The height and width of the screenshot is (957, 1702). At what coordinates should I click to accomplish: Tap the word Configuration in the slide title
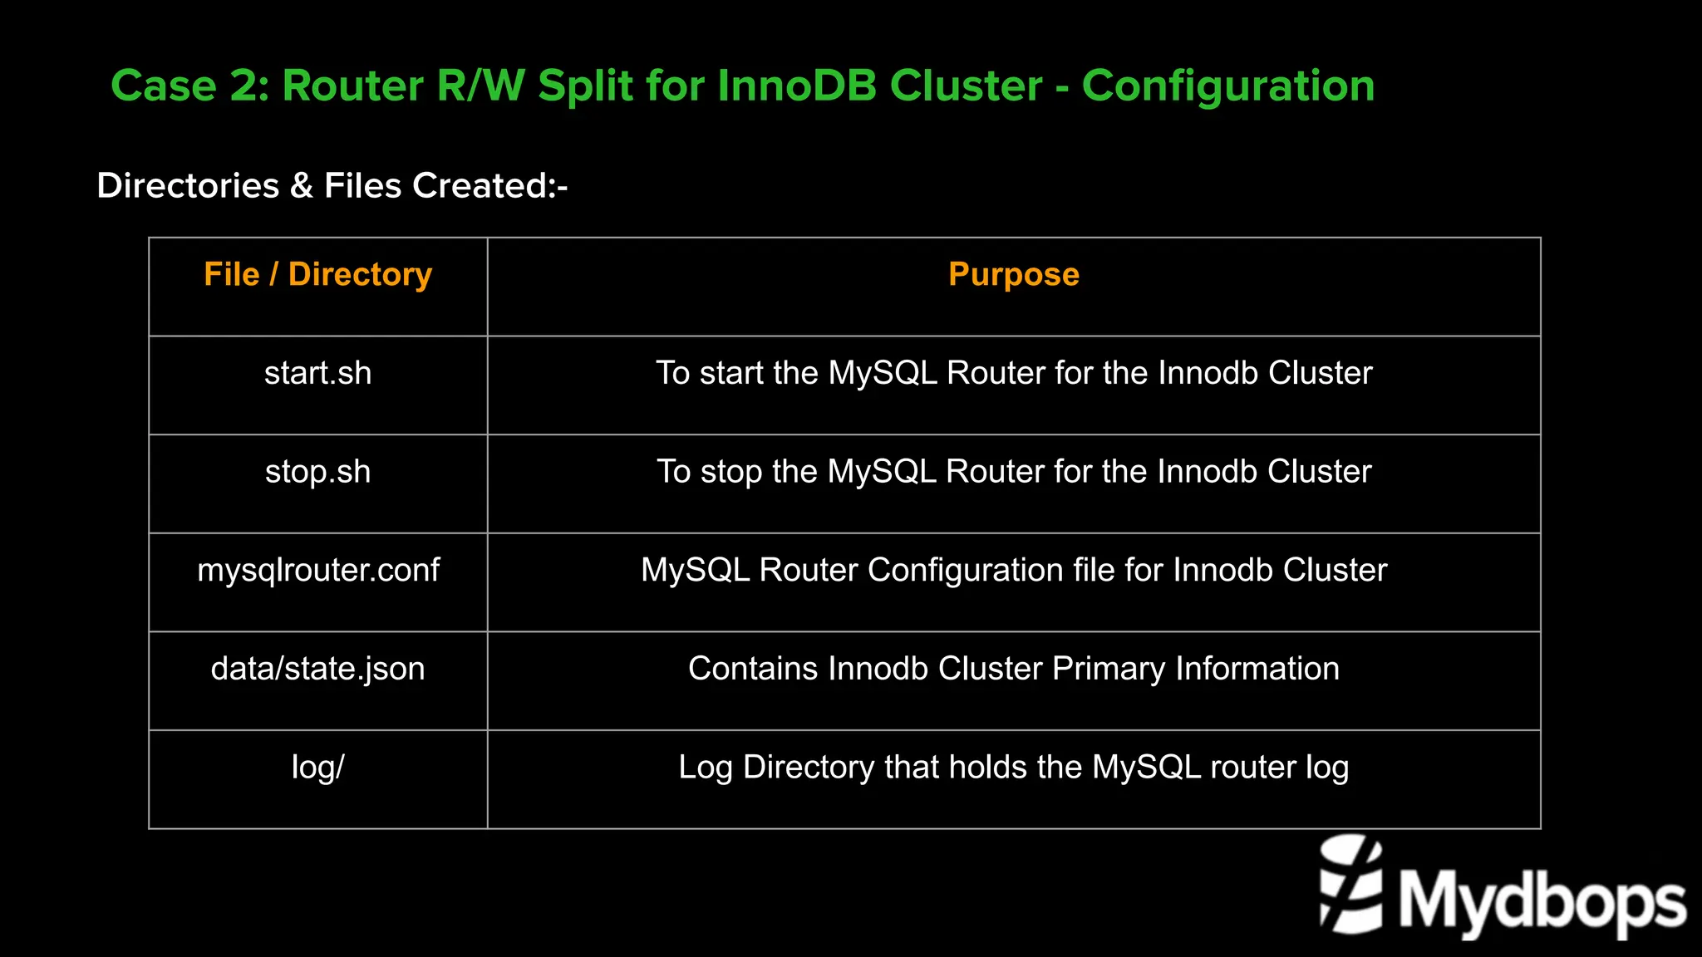1227,86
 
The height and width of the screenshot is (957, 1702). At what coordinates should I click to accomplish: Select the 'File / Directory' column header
317,274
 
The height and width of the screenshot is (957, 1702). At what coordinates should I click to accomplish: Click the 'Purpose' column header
1013,274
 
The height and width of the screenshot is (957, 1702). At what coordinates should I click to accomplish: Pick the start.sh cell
317,373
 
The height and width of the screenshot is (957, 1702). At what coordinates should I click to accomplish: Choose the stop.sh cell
317,472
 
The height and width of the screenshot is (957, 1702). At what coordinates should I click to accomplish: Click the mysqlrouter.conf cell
317,570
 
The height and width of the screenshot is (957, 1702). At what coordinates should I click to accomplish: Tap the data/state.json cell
317,669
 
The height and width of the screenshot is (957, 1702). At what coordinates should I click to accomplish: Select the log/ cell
317,767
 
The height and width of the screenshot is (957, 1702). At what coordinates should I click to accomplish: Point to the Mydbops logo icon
1350,885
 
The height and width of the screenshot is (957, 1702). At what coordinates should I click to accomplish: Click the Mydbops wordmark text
1542,901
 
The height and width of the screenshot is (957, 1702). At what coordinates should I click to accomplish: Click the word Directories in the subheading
188,185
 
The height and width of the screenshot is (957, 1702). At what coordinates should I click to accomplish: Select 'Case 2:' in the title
189,86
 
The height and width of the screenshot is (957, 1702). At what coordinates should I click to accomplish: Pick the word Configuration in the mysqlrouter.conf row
965,570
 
